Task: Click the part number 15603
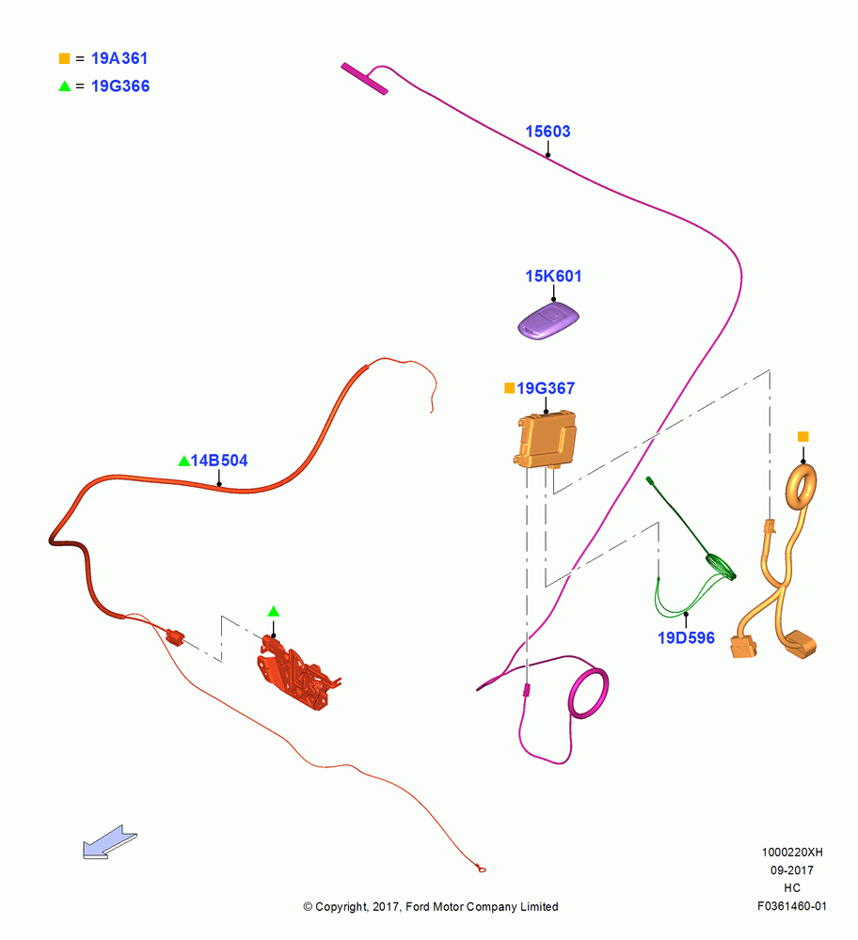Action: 548,132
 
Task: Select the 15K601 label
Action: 553,275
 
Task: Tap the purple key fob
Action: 548,321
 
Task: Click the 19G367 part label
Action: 546,388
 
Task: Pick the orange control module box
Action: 546,439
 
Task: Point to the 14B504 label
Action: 219,461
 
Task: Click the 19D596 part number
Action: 686,638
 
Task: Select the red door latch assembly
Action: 297,673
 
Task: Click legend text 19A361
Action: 119,58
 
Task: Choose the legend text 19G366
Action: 120,86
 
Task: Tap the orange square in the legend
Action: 64,58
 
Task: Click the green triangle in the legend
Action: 65,86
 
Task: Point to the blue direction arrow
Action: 109,842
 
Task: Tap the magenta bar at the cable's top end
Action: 364,79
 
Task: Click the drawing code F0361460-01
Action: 791,906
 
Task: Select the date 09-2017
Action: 792,870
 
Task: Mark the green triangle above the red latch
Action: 274,612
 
